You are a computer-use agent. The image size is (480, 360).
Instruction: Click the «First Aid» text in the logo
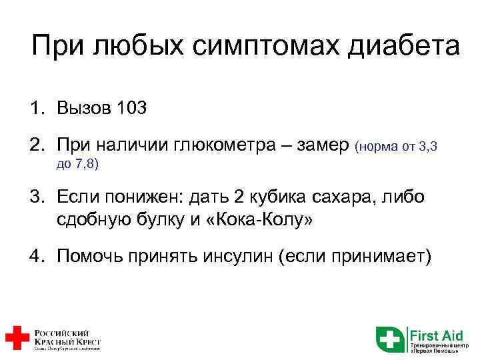click(431, 334)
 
